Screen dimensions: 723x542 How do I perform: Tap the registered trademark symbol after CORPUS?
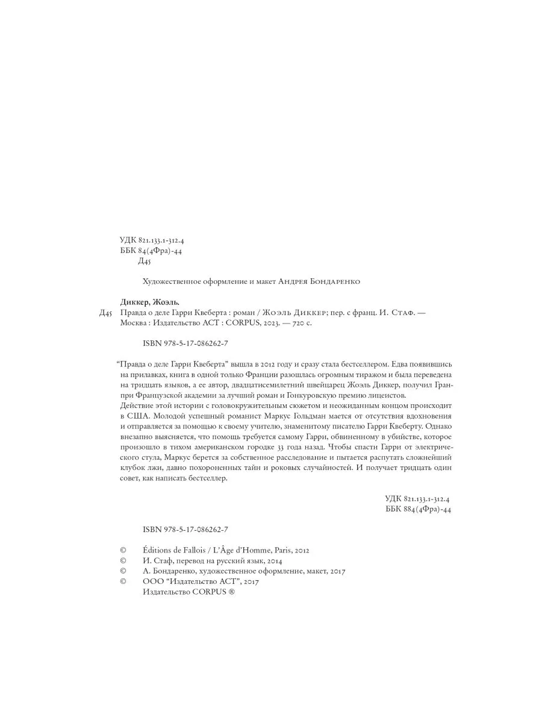click(228, 592)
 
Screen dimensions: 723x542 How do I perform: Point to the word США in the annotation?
click(130, 416)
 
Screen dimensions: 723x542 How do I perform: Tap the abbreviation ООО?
click(153, 582)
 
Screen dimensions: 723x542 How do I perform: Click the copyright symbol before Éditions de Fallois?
click(123, 550)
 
